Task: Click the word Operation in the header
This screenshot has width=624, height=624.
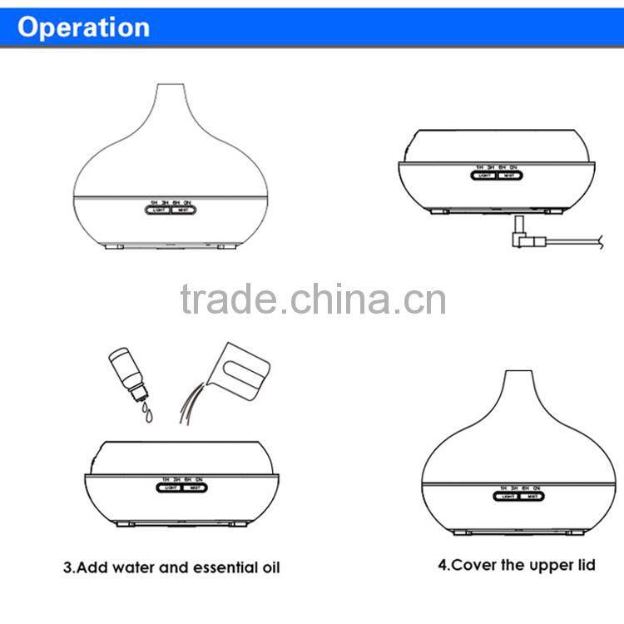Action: pos(84,27)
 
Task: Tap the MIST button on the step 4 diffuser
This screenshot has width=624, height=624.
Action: pos(527,497)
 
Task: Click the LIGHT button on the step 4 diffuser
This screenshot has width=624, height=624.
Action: pos(505,497)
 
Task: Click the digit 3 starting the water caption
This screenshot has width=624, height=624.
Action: pos(68,568)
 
